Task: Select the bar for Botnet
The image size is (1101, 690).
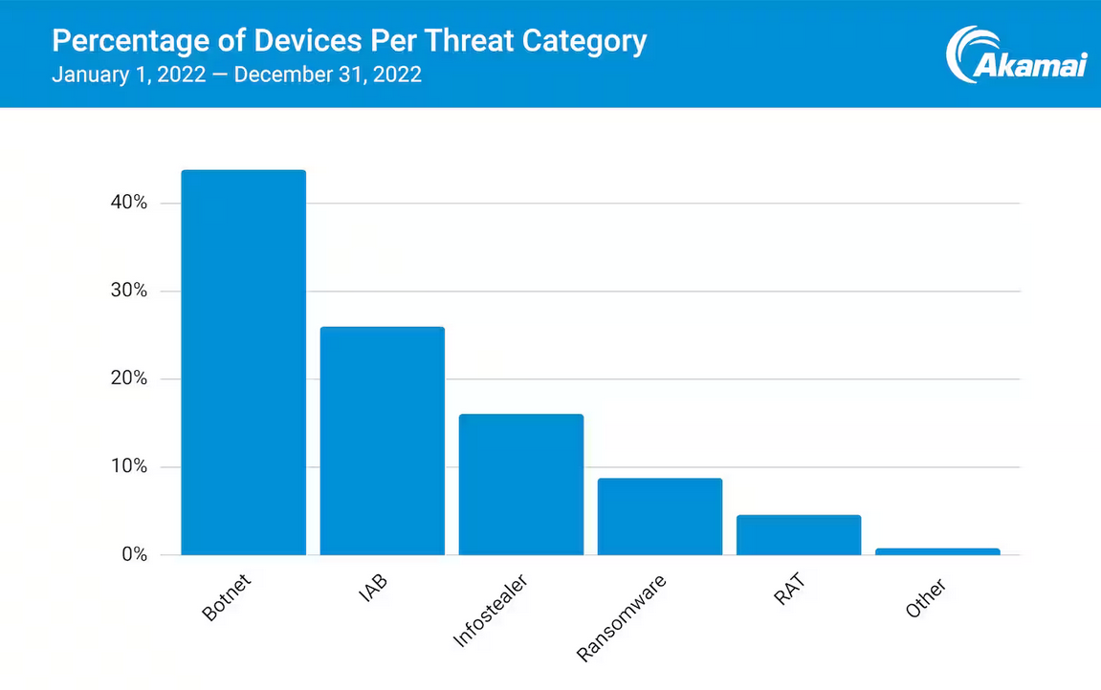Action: (243, 362)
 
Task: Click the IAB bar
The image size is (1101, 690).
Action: (382, 441)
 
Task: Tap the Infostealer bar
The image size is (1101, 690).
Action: (520, 485)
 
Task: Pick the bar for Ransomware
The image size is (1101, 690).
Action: (659, 516)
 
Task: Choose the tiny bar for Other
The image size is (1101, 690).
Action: (937, 551)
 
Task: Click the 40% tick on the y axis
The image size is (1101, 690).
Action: (127, 203)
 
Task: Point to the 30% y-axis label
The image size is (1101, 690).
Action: (127, 291)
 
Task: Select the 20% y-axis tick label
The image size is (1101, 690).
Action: (127, 378)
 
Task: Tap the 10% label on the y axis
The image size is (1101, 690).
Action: (127, 466)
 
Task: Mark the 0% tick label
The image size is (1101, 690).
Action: (132, 554)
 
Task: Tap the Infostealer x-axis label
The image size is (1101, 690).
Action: (491, 611)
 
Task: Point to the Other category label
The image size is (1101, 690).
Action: (925, 598)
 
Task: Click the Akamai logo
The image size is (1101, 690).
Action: (1016, 54)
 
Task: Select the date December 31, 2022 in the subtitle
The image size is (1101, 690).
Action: (327, 75)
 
